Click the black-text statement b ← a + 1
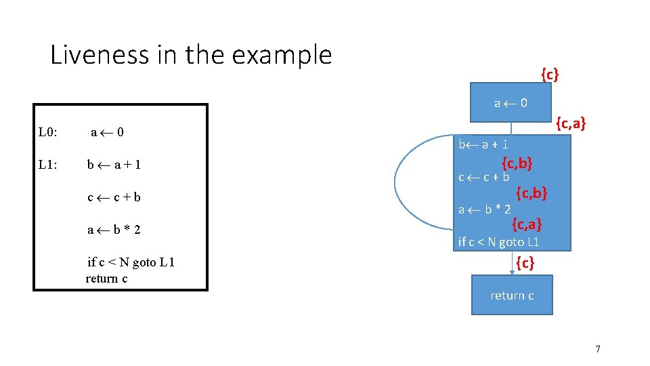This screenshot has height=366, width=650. [x=114, y=165]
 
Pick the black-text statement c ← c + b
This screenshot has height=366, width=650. [x=114, y=197]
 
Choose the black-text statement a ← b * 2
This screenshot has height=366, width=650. [x=114, y=230]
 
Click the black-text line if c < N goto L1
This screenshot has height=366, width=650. [x=131, y=262]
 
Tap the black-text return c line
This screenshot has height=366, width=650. [x=106, y=279]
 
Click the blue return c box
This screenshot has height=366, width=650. [x=512, y=295]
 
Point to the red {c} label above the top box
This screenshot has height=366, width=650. [x=549, y=74]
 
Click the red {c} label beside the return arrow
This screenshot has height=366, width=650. [x=525, y=262]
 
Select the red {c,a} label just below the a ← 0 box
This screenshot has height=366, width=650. [x=570, y=123]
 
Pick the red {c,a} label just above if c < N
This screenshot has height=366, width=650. [x=527, y=223]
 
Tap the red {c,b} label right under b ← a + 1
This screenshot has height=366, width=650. [x=517, y=163]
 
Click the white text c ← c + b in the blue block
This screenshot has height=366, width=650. [x=483, y=178]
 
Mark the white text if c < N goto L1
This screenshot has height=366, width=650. [x=498, y=241]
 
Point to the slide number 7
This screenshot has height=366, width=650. [x=597, y=349]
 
